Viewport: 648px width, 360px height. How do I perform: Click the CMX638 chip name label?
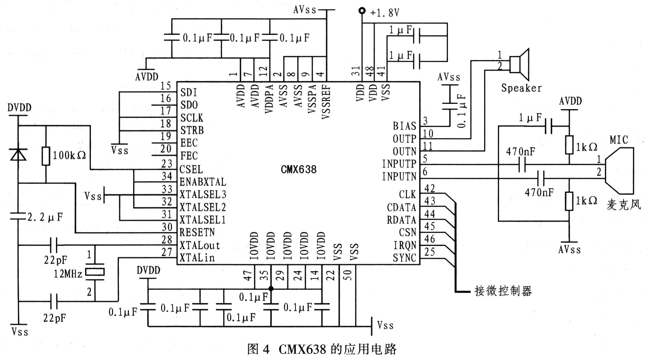point(298,169)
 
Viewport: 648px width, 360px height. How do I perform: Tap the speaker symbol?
point(521,64)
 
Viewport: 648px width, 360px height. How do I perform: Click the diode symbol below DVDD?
point(18,154)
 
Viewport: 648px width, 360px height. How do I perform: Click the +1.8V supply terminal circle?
point(362,11)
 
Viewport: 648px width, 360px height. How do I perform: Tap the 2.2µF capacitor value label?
point(45,217)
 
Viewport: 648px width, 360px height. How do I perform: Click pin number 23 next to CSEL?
point(166,164)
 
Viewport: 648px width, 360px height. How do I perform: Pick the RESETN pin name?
point(197,233)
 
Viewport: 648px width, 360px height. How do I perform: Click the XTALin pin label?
point(197,258)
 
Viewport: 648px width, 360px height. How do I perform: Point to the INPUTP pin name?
point(399,164)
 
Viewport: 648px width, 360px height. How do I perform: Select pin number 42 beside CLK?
point(429,189)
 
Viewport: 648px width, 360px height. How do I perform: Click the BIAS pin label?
point(404,126)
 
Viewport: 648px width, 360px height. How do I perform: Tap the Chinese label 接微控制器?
point(503,291)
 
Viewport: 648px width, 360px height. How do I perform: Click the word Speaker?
point(521,88)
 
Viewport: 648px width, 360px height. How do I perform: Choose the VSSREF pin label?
point(326,102)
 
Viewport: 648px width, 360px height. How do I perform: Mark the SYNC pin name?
point(404,258)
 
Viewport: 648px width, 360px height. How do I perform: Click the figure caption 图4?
point(258,349)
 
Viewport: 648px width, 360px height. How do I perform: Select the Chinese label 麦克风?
point(623,204)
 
